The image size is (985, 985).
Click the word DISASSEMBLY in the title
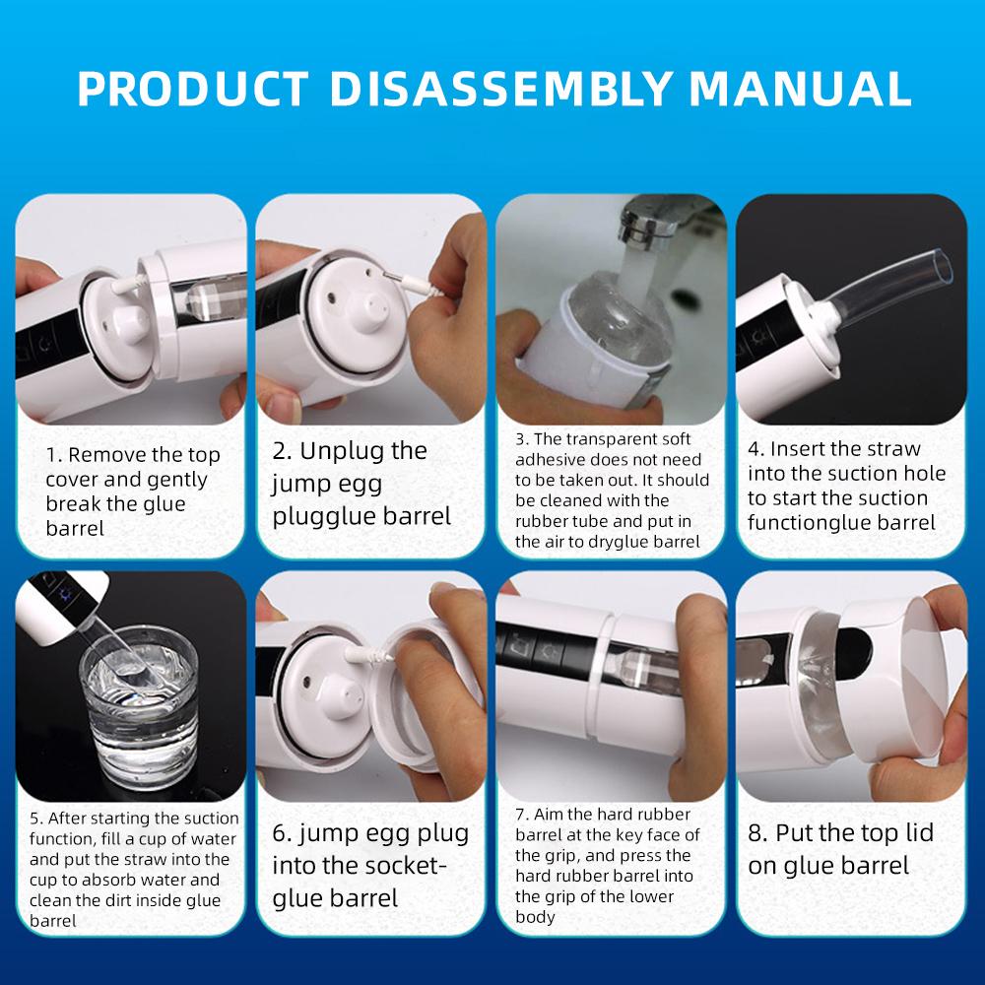click(x=500, y=88)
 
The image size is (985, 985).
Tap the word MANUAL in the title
click(x=800, y=88)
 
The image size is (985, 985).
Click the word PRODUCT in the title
click(x=193, y=88)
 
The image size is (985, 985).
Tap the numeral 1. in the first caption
click(x=53, y=454)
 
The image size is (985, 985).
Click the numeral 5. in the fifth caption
click(x=35, y=818)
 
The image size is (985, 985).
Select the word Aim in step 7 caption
click(x=548, y=815)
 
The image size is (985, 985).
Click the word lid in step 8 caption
click(x=919, y=832)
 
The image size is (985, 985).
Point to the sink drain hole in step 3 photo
click(x=684, y=295)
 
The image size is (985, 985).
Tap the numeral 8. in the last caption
click(x=757, y=833)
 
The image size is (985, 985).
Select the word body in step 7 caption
click(x=535, y=917)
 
